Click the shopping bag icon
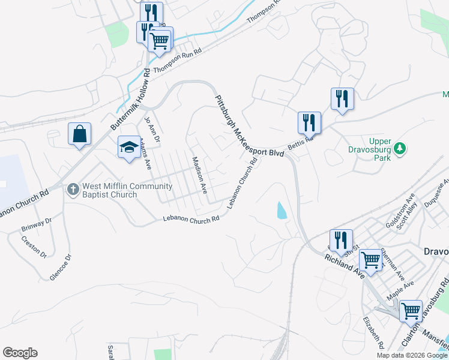tap(80, 134)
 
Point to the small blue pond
tap(281, 210)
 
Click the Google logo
tap(20, 353)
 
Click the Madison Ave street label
tap(199, 175)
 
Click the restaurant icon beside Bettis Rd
tap(310, 123)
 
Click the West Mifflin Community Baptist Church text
tap(118, 190)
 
